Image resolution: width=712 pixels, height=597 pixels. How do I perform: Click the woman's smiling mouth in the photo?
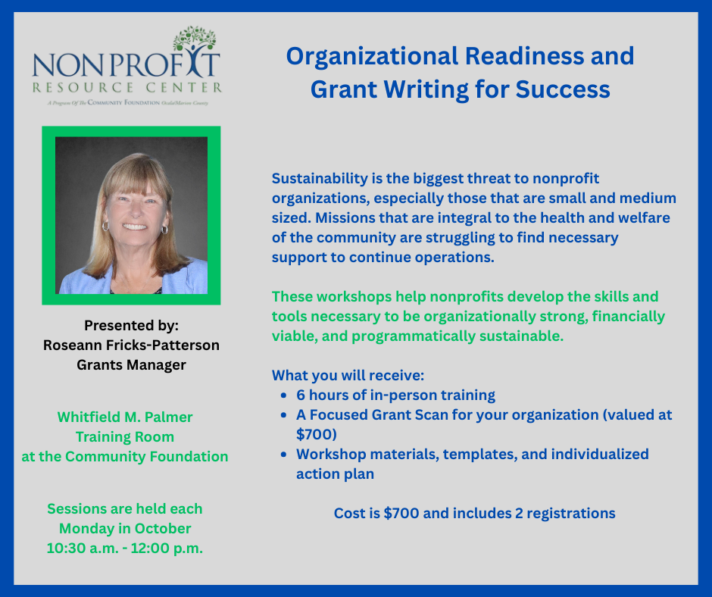pos(134,226)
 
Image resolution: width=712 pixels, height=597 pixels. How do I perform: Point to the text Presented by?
pos(131,325)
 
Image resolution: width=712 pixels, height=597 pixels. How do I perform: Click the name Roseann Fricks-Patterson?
pos(131,345)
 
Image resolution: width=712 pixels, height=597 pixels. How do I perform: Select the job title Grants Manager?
pos(131,365)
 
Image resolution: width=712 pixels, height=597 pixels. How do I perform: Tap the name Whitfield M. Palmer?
pos(125,417)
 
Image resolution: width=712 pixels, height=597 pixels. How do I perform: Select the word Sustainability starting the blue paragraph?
pos(320,179)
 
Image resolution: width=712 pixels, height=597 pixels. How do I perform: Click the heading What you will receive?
pos(348,376)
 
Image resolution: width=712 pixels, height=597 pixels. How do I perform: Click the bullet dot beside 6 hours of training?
pos(284,395)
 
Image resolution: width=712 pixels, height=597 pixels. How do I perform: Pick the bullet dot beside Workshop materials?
pos(284,455)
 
